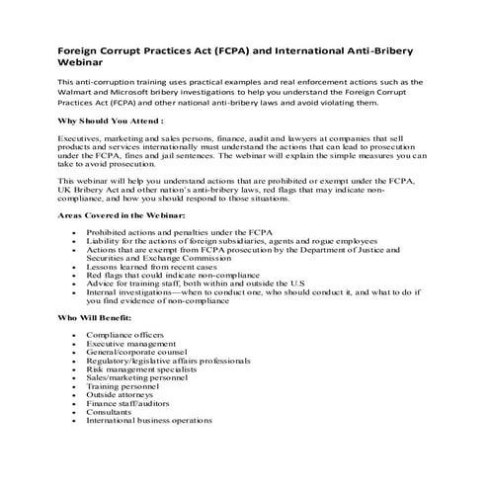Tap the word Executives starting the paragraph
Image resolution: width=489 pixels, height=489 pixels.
[x=83, y=139]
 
